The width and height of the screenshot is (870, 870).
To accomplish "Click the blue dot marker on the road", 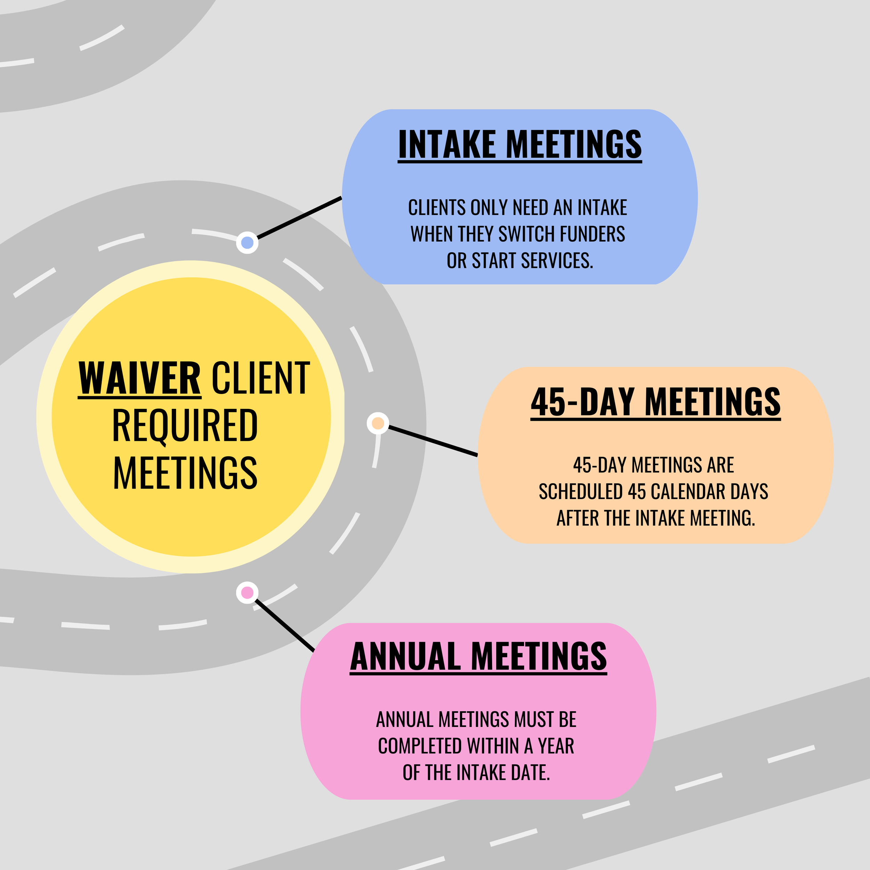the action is [x=247, y=243].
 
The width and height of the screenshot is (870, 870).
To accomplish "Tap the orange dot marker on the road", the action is [x=378, y=423].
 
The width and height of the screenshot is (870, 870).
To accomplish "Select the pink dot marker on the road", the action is [x=247, y=593].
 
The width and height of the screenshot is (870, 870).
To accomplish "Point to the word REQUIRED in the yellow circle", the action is [x=185, y=426].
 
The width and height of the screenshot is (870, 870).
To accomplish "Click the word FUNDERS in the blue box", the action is [x=592, y=234].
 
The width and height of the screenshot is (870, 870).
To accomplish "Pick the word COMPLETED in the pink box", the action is [x=420, y=746].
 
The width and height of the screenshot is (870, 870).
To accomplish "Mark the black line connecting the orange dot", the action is [x=432, y=441].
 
